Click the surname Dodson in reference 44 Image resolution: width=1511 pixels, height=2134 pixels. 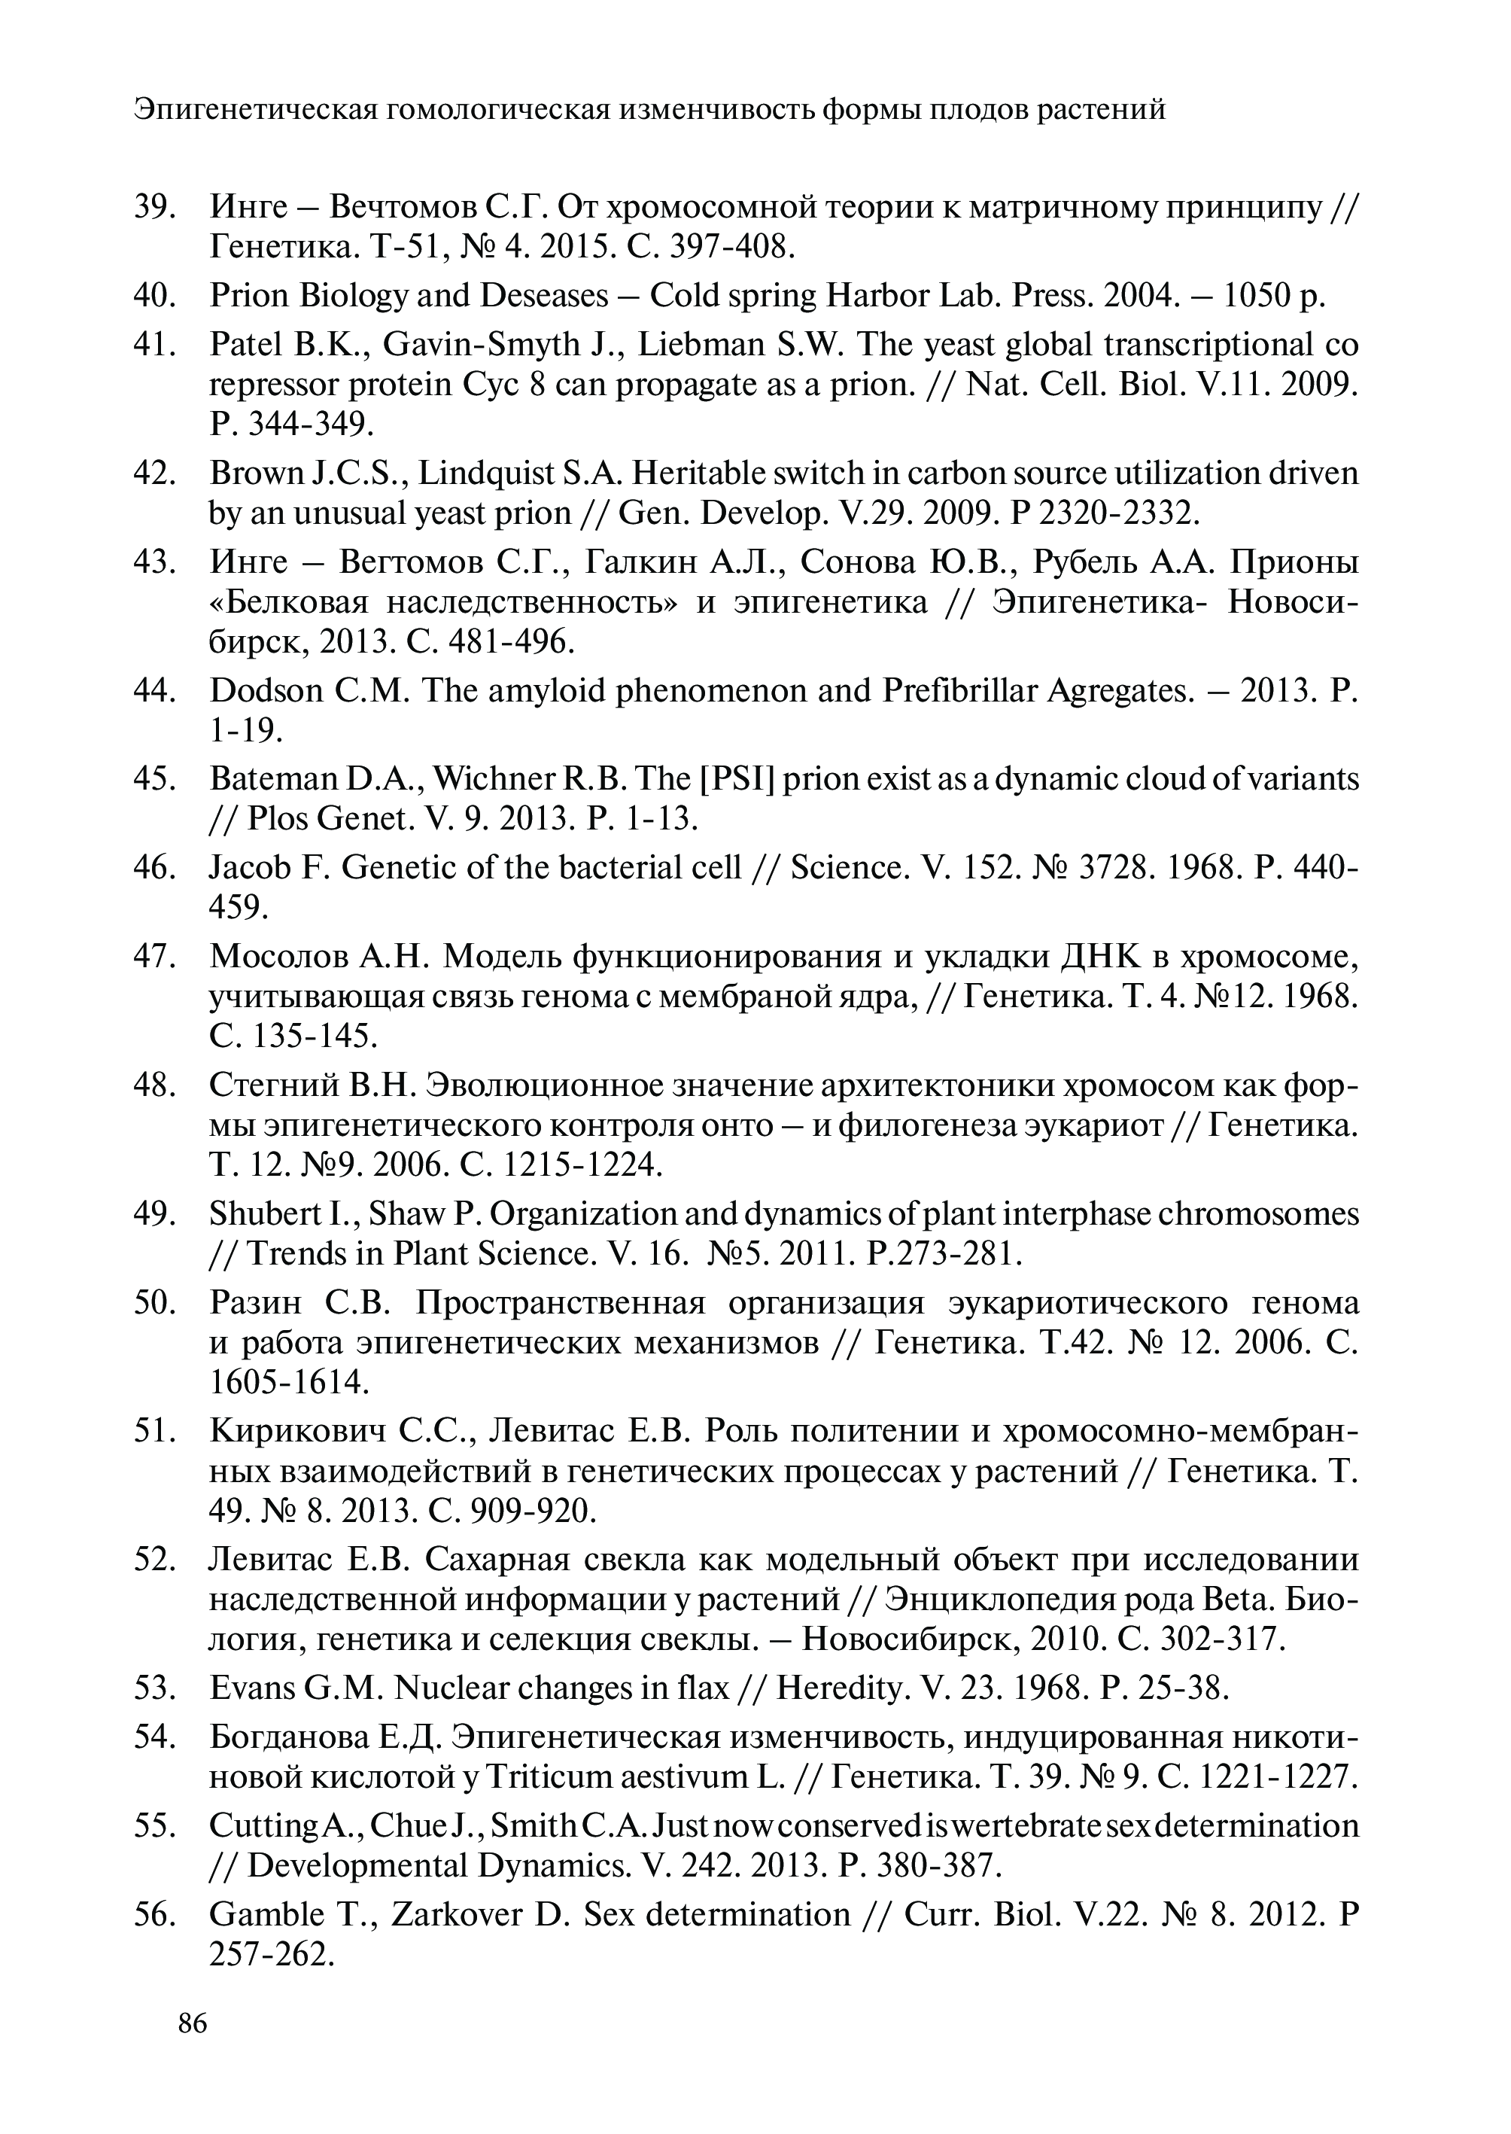(x=263, y=690)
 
